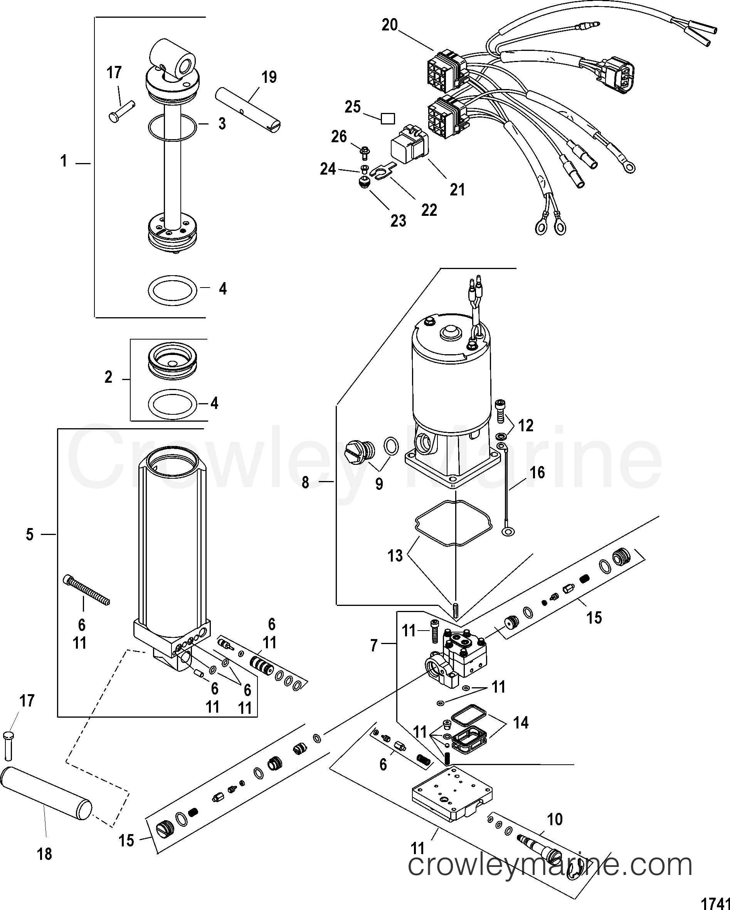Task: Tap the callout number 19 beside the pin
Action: coord(269,77)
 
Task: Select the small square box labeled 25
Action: coord(387,119)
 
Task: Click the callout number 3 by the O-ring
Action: coord(222,124)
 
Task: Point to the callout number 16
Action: coord(537,472)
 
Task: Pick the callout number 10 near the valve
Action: coord(555,820)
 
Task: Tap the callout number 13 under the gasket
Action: coord(395,555)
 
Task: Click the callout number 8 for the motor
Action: coord(305,482)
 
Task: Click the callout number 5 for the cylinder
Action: coord(30,534)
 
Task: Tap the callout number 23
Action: coord(398,220)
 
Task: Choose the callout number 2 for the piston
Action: coord(108,377)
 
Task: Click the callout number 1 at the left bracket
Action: coord(64,161)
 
